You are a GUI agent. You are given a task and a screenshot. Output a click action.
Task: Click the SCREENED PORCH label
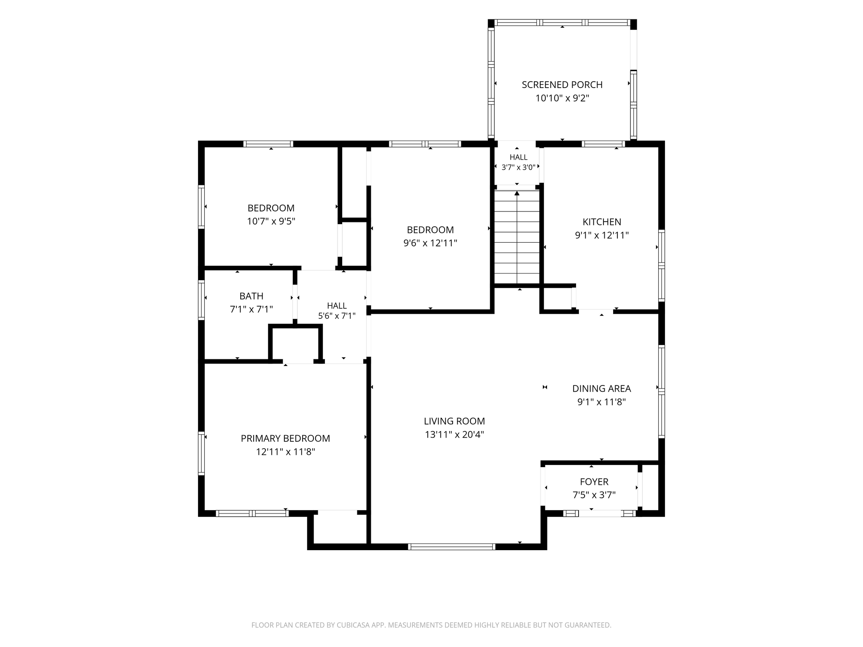562,85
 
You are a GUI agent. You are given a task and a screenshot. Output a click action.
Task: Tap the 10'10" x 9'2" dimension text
562,98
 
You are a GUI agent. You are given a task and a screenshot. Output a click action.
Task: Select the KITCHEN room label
602,222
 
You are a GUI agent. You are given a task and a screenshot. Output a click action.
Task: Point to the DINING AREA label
601,389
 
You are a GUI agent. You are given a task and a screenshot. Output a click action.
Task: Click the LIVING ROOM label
454,421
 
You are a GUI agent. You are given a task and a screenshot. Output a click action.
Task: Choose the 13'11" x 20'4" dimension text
454,435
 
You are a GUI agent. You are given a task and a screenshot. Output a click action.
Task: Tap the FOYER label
594,482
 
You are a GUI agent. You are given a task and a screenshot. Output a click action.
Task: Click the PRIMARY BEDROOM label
285,438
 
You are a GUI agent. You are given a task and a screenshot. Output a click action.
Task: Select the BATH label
252,296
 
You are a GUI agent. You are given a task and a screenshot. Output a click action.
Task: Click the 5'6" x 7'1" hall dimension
337,316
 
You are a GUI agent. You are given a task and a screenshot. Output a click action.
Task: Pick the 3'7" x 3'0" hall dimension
518,167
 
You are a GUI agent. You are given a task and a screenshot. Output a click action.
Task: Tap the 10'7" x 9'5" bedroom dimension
271,222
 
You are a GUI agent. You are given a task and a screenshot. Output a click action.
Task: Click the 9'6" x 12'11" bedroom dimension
430,243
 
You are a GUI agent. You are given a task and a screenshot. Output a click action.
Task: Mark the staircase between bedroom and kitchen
517,237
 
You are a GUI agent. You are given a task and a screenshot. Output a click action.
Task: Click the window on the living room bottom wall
451,547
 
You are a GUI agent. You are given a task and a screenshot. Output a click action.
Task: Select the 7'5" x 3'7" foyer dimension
594,495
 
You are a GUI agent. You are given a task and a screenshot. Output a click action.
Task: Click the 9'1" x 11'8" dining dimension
601,402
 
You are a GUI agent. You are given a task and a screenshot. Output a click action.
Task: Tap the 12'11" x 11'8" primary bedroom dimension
285,452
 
